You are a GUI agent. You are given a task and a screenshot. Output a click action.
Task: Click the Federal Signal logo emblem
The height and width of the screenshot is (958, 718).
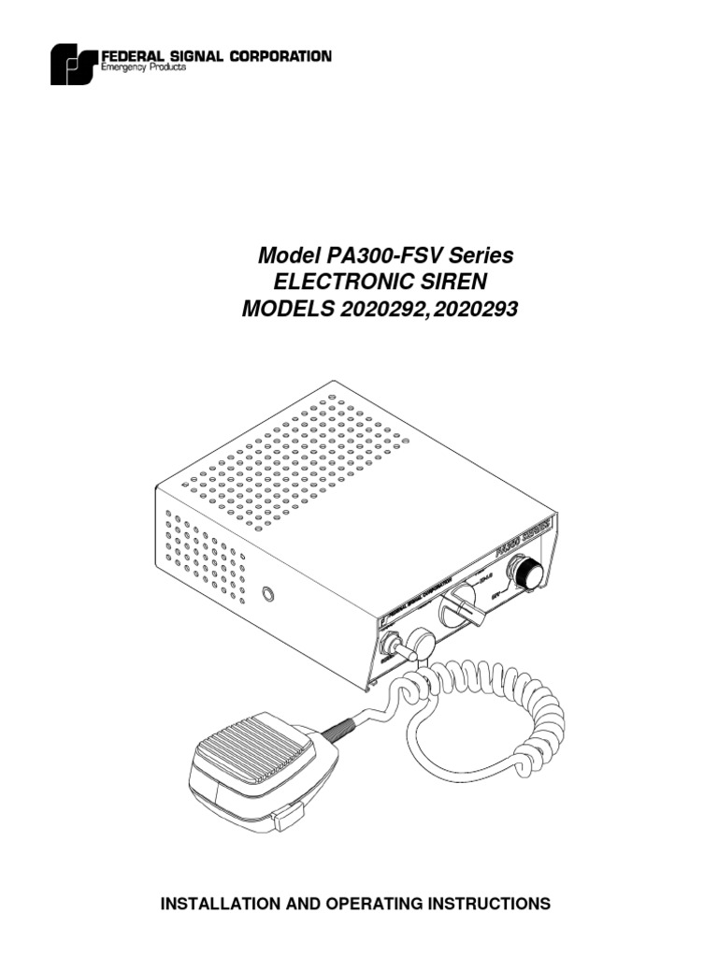(x=74, y=65)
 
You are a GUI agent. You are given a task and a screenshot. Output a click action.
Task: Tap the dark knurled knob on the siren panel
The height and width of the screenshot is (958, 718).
(x=525, y=573)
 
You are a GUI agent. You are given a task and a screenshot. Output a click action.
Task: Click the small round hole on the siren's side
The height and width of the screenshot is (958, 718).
(x=269, y=594)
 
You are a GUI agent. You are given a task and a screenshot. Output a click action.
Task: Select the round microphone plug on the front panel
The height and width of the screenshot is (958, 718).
(x=420, y=643)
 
